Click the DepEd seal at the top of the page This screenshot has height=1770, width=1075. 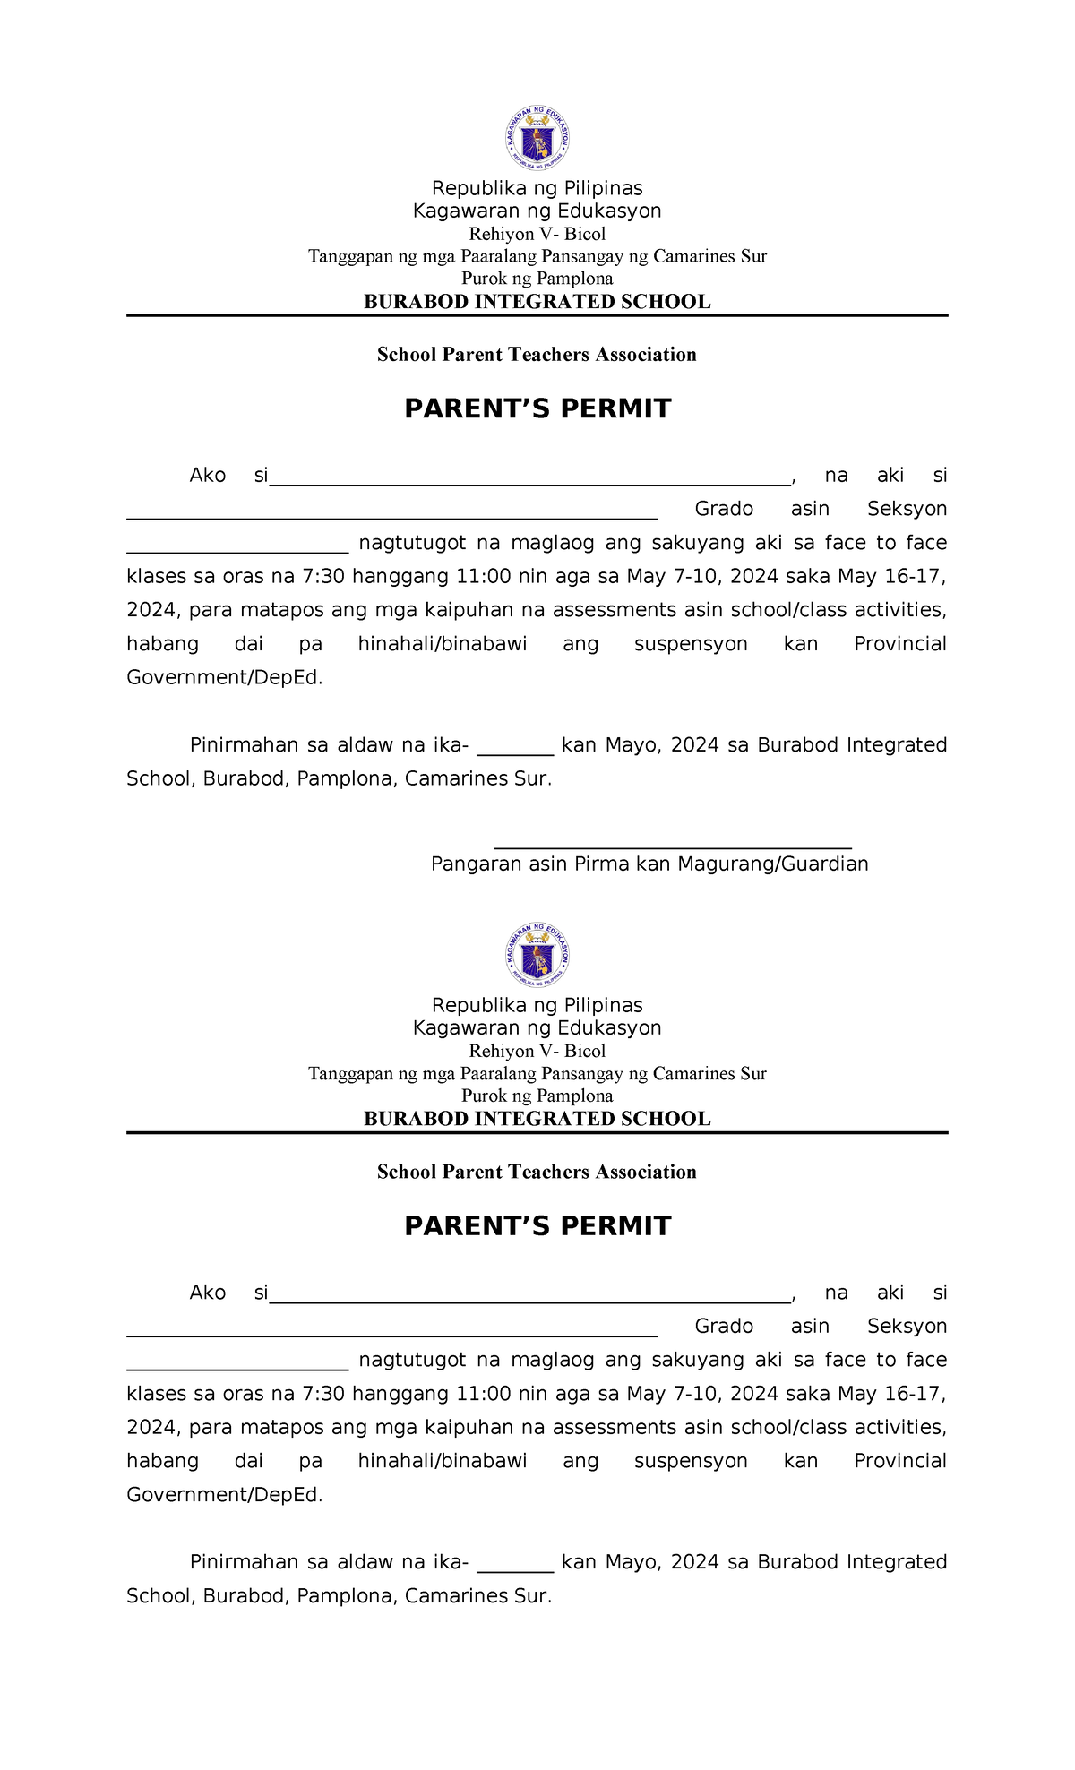point(537,139)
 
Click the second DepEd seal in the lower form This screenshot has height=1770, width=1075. point(537,956)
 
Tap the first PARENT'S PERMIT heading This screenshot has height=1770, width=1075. point(537,408)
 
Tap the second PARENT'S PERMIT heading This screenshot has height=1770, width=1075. point(537,1225)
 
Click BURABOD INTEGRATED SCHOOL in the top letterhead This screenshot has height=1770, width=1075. point(537,302)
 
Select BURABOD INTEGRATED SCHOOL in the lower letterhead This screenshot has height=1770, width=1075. point(537,1119)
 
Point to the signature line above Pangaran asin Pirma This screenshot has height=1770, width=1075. point(672,846)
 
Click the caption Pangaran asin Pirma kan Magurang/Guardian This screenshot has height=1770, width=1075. point(649,864)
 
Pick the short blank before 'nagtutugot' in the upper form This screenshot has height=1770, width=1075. point(237,548)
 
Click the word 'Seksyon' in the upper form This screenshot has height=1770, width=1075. point(907,509)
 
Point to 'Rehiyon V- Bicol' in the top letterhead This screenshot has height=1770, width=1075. point(537,234)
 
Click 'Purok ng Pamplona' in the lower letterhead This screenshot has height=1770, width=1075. point(537,1096)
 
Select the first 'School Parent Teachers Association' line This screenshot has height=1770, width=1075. point(537,355)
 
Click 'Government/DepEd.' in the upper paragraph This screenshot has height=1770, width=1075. point(224,677)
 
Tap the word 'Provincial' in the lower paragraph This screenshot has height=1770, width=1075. point(899,1461)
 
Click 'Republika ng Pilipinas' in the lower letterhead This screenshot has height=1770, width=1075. point(537,1005)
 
